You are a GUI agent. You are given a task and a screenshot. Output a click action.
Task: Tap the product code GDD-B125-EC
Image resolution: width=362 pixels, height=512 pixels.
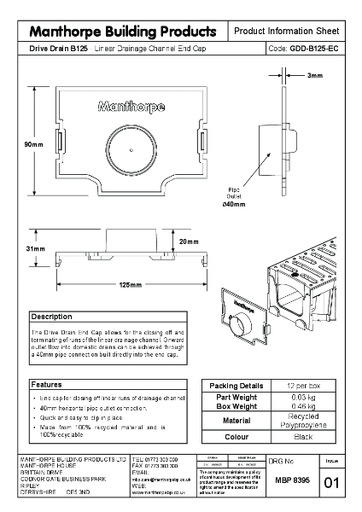(x=313, y=50)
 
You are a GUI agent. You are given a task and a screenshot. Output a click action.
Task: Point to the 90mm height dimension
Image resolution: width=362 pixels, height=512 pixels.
(x=33, y=144)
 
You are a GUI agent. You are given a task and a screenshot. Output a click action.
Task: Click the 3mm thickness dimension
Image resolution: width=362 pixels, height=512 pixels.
(x=315, y=76)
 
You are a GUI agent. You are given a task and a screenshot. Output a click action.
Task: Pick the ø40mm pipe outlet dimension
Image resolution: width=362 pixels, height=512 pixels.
(x=233, y=205)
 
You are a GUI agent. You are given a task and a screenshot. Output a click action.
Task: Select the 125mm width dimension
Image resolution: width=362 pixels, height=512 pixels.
(x=130, y=284)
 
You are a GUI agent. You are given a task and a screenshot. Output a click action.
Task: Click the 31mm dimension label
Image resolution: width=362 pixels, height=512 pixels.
(x=33, y=247)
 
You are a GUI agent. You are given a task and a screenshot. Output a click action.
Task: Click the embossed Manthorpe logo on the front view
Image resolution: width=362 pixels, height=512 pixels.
(x=126, y=108)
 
